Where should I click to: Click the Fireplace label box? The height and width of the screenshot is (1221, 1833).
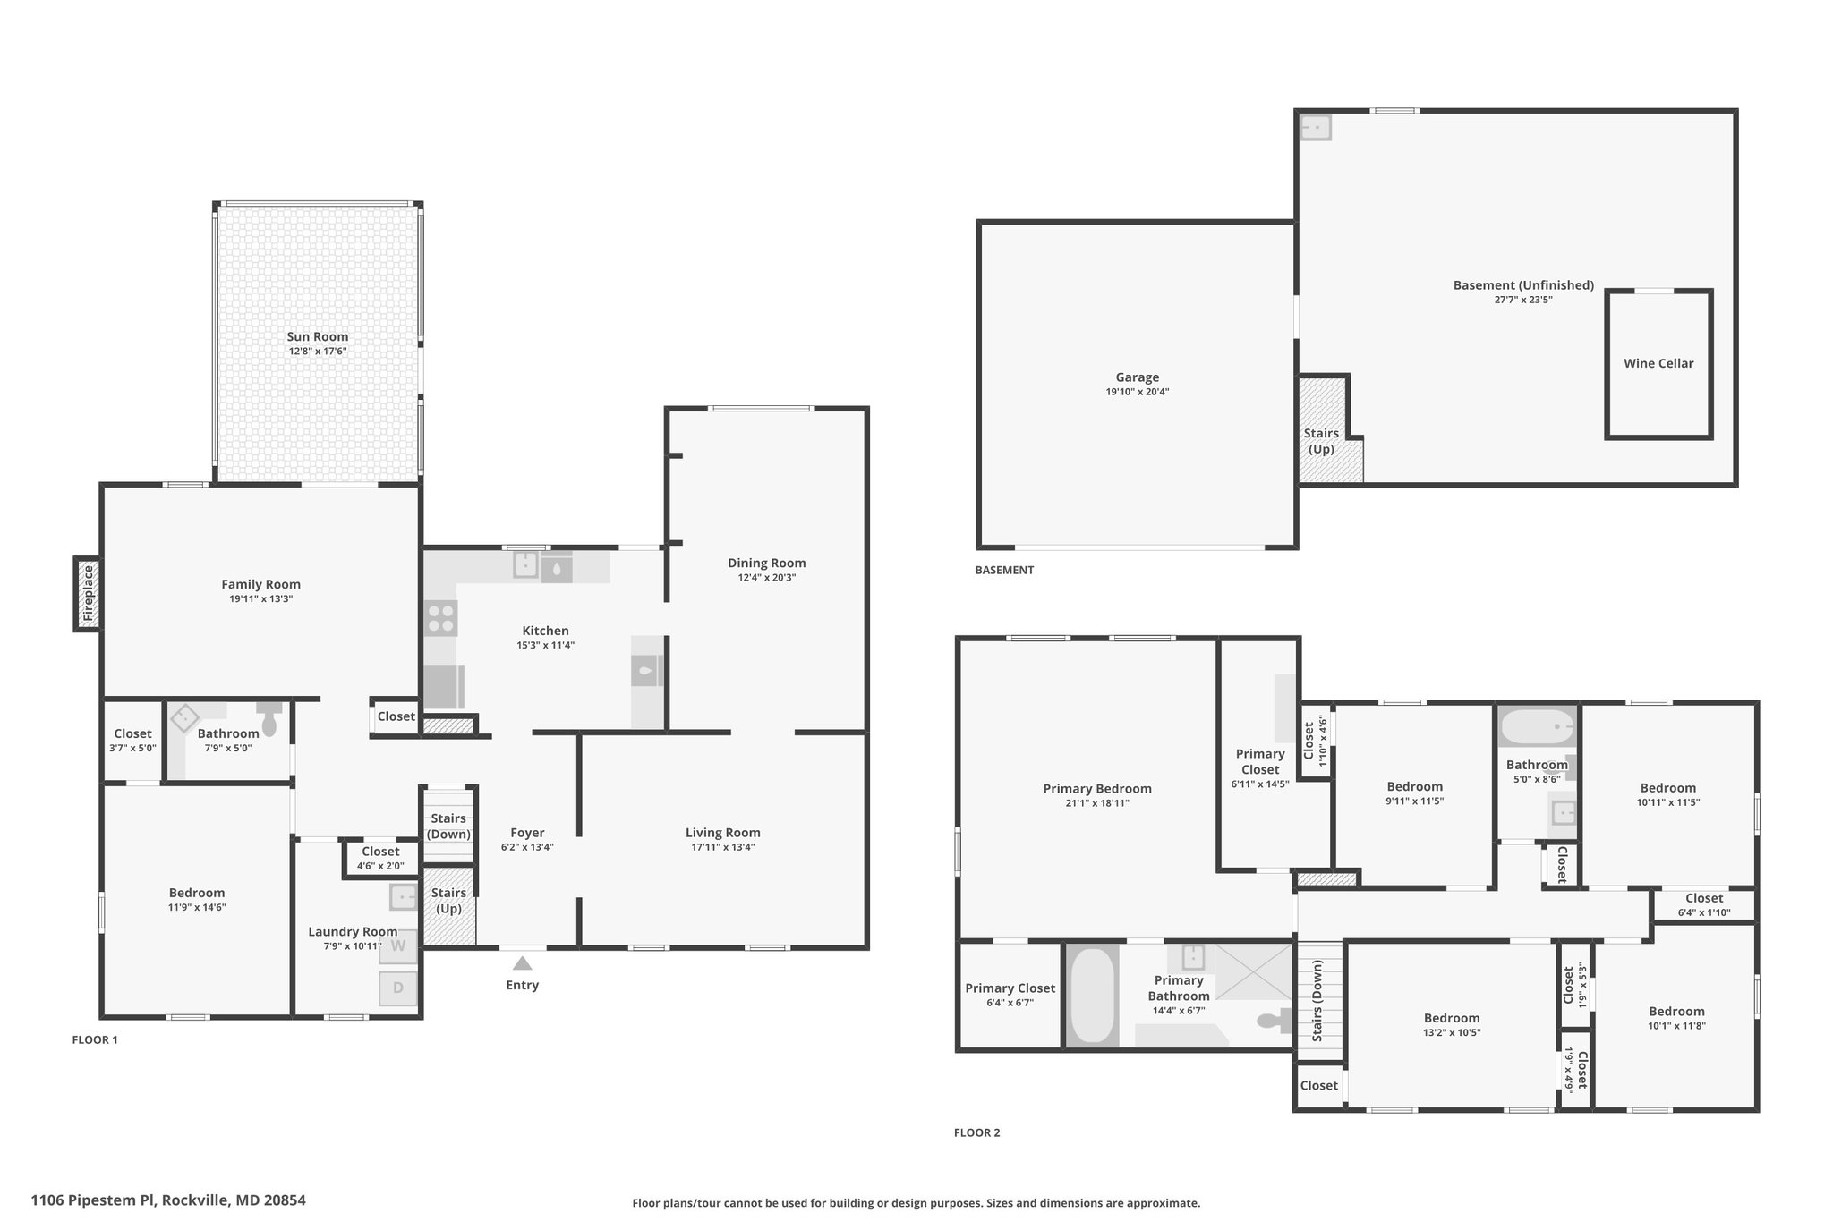pos(88,594)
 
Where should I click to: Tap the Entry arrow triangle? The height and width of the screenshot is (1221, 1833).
pos(523,963)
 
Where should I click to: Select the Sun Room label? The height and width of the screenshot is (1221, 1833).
pos(318,336)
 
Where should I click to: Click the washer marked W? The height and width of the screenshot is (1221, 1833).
pos(398,945)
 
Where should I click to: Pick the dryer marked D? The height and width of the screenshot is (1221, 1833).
pos(398,988)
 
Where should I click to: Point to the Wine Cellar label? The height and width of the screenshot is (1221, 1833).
pos(1658,363)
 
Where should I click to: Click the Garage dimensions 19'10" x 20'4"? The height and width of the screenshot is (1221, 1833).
pos(1137,392)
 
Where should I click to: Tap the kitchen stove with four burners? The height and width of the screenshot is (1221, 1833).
pos(440,618)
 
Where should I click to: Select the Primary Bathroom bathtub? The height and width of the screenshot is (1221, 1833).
pos(1092,996)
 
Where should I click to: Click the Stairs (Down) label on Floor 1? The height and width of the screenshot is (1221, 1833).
pos(448,827)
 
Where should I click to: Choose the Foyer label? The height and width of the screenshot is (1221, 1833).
pos(527,833)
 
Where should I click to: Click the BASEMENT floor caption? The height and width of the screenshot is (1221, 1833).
pos(1004,570)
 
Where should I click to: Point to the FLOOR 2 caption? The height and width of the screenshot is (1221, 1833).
pos(976,1132)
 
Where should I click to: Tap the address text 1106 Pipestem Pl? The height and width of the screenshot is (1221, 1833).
pos(94,1200)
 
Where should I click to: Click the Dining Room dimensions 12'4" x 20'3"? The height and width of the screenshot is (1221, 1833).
pos(766,578)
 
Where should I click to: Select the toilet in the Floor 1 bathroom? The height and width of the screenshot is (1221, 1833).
pos(269,719)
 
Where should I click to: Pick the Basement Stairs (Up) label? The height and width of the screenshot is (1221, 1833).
pos(1321,441)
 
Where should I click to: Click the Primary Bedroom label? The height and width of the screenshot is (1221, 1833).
pos(1097,788)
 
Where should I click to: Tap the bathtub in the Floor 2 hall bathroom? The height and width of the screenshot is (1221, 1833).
pos(1537,726)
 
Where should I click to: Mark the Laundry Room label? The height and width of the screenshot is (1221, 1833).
pos(353,931)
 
